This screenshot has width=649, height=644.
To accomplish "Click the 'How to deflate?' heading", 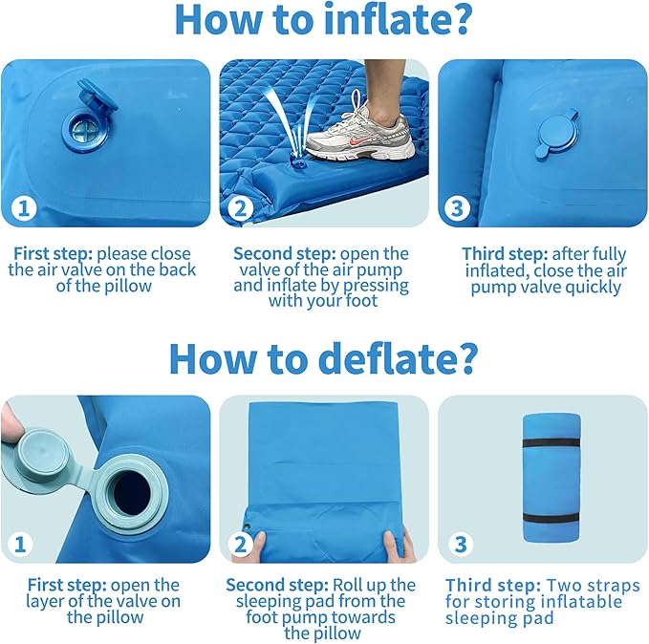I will [x=324, y=357].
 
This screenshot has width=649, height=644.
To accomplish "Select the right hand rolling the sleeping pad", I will [x=399, y=547].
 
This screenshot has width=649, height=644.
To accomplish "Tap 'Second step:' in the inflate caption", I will [x=285, y=254].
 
